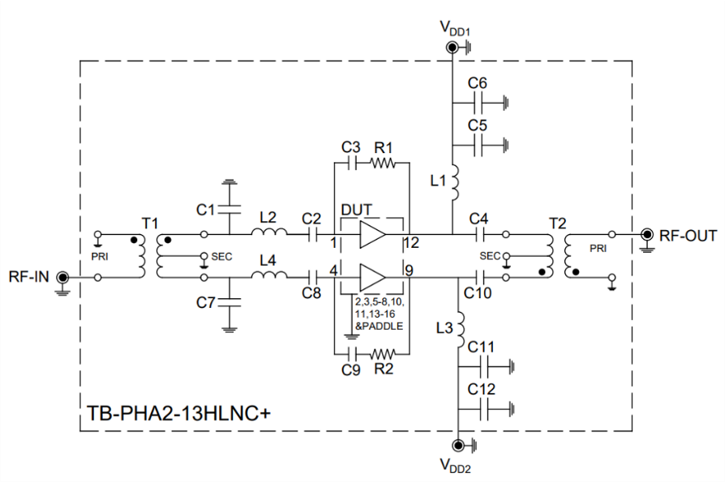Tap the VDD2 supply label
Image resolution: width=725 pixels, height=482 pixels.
coord(456,466)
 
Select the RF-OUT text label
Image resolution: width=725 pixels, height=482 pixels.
coord(688,236)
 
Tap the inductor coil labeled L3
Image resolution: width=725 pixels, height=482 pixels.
coord(457,326)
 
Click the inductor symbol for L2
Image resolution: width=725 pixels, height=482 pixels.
coord(268,234)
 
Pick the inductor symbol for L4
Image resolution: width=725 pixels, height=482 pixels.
coord(268,277)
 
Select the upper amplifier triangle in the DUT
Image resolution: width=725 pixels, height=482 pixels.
coord(372,235)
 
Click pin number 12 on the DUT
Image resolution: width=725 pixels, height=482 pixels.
coord(414,242)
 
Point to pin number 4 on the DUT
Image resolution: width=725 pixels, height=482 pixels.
coord(334,270)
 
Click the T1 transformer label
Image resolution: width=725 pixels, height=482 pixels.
coord(151,222)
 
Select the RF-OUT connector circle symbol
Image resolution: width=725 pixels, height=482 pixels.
coord(647,235)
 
